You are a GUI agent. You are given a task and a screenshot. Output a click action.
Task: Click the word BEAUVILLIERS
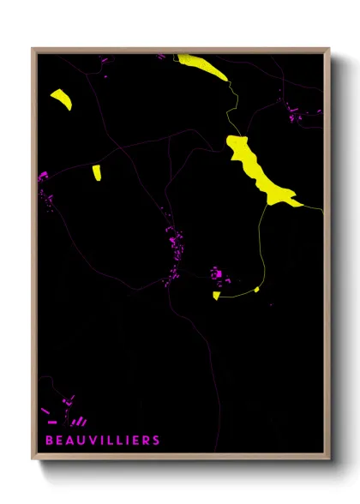tap(102, 441)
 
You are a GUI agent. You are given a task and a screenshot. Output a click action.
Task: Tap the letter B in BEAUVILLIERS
tap(49, 441)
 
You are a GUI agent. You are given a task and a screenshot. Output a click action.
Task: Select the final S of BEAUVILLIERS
tap(156, 441)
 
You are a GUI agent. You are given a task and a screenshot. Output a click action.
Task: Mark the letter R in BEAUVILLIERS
tap(146, 441)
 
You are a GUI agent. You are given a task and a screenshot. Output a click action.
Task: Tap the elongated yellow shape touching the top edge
tap(203, 65)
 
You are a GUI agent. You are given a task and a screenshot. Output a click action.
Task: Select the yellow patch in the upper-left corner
tap(63, 99)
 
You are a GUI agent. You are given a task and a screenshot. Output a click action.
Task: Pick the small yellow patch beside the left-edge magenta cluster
tap(97, 172)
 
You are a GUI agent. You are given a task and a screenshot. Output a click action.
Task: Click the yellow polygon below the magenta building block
tap(217, 296)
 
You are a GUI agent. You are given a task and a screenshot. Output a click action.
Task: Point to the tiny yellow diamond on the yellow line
tap(256, 290)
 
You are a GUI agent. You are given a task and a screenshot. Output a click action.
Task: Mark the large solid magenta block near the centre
tap(218, 274)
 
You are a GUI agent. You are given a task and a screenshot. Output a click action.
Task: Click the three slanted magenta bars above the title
tap(79, 421)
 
